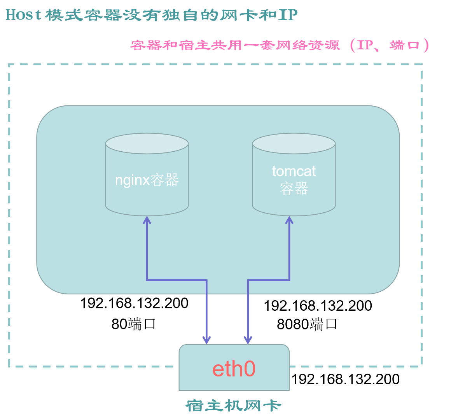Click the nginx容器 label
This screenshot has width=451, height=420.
147,180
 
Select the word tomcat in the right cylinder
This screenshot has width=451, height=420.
294,171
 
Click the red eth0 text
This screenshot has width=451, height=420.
234,369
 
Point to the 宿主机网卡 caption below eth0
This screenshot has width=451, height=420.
234,406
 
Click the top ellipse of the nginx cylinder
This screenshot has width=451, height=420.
147,143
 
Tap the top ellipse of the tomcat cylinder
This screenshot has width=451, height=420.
294,143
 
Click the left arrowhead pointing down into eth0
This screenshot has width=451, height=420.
207,340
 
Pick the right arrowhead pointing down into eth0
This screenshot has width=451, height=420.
248,340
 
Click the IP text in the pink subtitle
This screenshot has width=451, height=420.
365,45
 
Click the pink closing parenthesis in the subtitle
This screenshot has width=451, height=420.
427,45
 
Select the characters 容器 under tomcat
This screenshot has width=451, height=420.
294,189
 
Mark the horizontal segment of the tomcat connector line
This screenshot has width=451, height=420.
269,280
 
